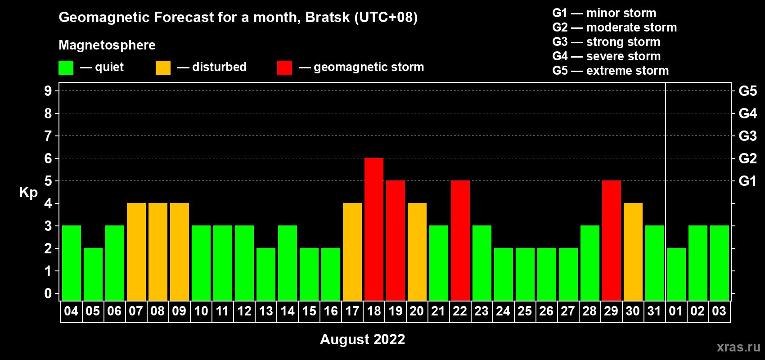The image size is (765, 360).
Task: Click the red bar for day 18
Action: [374, 229]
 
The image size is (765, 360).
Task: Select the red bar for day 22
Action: [460, 240]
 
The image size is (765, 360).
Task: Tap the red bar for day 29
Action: [612, 240]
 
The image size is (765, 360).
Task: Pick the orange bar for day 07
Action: [136, 252]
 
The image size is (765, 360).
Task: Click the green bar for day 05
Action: [93, 274]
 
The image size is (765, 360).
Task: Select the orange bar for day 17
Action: [352, 252]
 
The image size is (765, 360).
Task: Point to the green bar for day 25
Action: [525, 274]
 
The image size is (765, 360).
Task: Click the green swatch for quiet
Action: [66, 67]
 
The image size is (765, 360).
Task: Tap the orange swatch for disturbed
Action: [163, 67]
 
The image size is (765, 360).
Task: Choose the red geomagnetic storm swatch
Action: [285, 67]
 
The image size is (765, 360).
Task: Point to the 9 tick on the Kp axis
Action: [48, 91]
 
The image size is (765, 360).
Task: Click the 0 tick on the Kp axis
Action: [48, 293]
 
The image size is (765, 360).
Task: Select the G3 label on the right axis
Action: [747, 136]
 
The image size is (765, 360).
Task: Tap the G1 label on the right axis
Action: [747, 181]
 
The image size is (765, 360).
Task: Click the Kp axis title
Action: [28, 193]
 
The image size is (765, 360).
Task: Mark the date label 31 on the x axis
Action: [654, 311]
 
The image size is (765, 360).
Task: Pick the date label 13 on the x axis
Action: [265, 311]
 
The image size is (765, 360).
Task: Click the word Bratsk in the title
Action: [328, 17]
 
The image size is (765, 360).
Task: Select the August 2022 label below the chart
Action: [362, 339]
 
